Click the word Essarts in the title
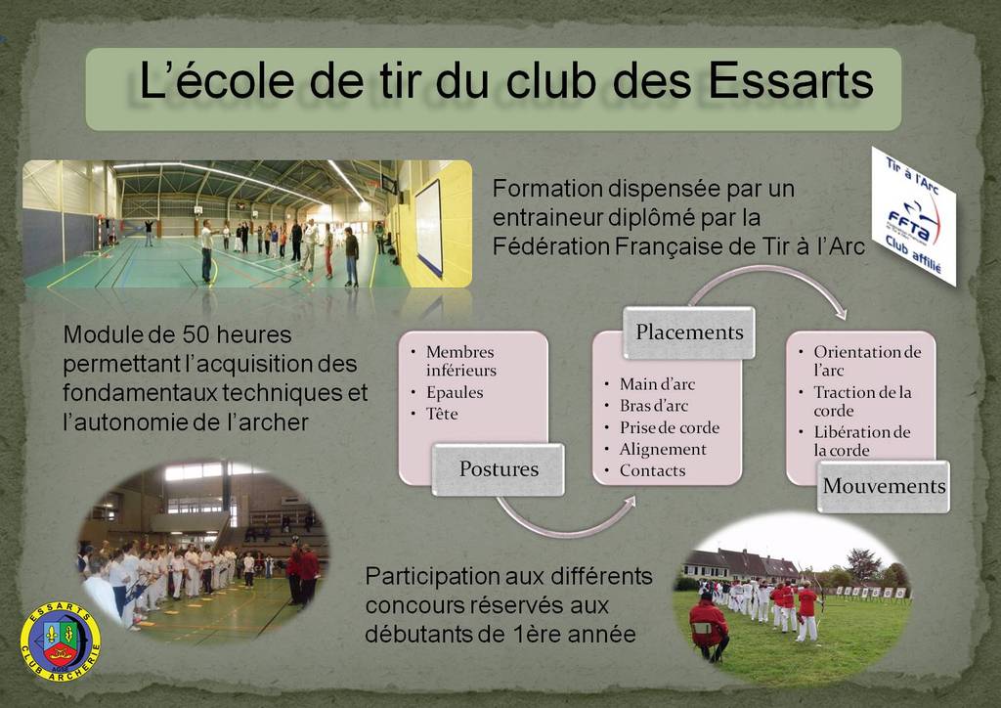tap(790, 81)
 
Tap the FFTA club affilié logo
tap(914, 216)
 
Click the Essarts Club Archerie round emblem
tap(61, 641)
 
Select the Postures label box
tap(498, 469)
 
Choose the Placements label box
tap(689, 332)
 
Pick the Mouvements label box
tap(884, 486)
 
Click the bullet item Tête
tap(442, 414)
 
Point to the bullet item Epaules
tap(455, 392)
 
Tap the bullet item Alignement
tap(663, 450)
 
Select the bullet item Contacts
tap(652, 470)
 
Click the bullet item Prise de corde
tap(669, 427)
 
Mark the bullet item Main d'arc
tap(657, 384)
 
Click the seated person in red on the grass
tap(708, 626)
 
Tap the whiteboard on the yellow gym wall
tap(429, 227)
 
